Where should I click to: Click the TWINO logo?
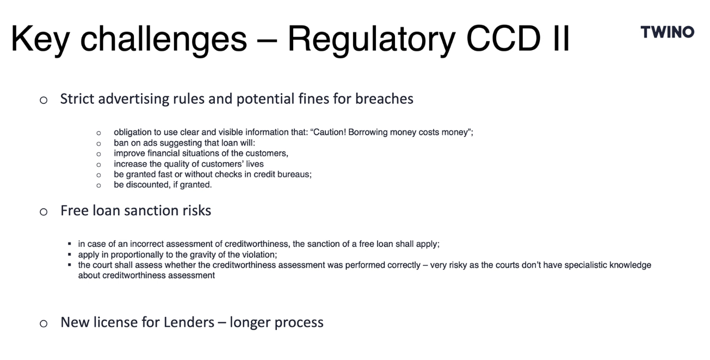(x=668, y=32)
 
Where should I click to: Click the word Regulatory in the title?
(x=372, y=39)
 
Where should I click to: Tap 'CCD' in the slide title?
(x=503, y=39)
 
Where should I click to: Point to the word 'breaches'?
(x=384, y=98)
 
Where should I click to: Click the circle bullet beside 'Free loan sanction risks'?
(x=44, y=212)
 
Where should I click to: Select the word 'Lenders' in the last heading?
(x=189, y=322)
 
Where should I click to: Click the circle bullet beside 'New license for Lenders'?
(x=44, y=324)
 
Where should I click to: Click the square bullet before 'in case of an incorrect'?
(x=70, y=244)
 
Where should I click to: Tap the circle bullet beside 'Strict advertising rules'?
(x=44, y=100)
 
